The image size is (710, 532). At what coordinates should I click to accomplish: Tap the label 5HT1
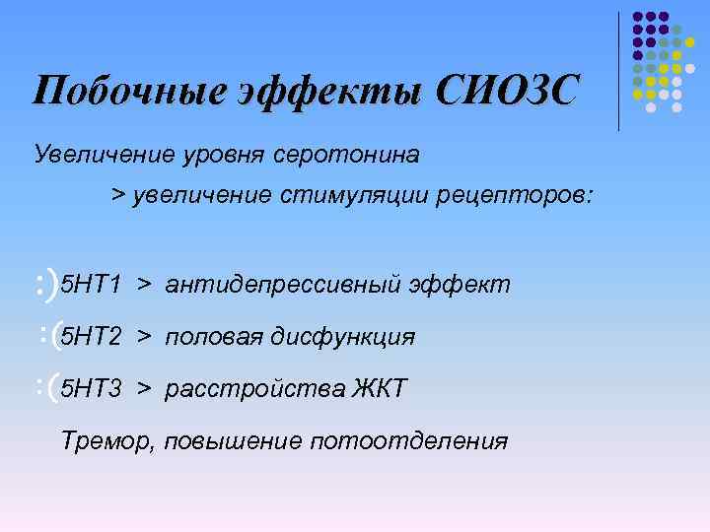click(91, 286)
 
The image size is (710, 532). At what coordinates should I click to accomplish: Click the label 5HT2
click(91, 337)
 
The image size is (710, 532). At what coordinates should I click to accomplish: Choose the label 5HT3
click(91, 388)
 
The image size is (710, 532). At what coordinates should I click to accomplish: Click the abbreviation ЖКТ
click(379, 388)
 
